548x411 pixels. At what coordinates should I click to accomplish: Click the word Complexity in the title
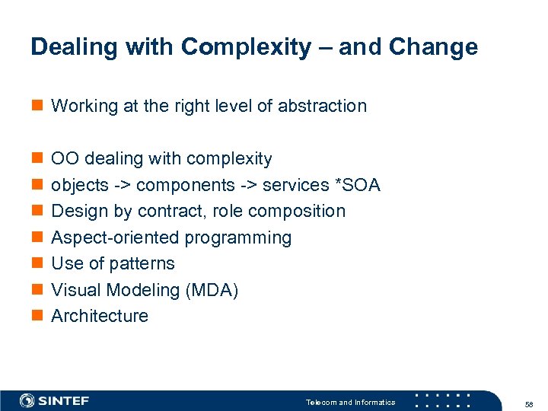coord(246,47)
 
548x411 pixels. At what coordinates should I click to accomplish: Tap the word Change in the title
coord(433,47)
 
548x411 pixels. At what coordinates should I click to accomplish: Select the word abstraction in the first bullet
coord(322,106)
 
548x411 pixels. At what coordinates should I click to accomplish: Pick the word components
coord(185,185)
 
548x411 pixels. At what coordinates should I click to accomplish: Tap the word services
coord(295,185)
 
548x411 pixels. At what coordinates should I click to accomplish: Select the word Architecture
coord(100,316)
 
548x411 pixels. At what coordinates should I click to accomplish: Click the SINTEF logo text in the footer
coord(64,400)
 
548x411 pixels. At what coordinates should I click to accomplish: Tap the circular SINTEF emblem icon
coord(27,400)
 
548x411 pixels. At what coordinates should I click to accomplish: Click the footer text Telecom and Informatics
coord(350,402)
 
